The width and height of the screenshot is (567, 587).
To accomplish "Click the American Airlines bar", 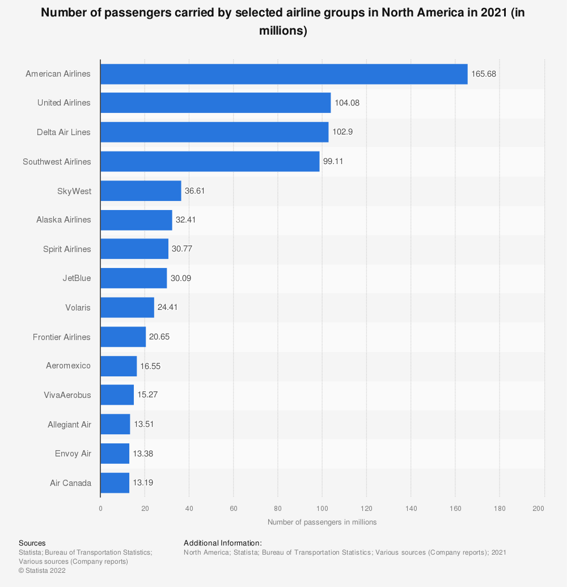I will (x=283, y=74).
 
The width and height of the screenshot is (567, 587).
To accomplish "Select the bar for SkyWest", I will (x=141, y=191).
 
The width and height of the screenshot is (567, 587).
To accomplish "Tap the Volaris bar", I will (x=127, y=308).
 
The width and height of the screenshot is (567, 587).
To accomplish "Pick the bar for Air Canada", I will (x=115, y=483).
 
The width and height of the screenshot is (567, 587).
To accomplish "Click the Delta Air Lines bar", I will (x=214, y=132).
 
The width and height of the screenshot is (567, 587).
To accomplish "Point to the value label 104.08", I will (x=347, y=103).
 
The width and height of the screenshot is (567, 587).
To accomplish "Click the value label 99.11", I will (x=333, y=161).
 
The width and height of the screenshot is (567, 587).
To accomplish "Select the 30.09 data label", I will (x=181, y=278).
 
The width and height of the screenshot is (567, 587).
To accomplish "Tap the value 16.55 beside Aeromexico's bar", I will (x=150, y=366).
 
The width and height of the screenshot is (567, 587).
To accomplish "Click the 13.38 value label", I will (x=143, y=454).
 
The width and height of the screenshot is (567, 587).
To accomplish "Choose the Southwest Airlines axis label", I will (x=57, y=162).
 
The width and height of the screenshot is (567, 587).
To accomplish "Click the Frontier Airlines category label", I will (x=62, y=337).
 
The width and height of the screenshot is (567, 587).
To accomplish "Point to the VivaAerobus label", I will (x=67, y=395).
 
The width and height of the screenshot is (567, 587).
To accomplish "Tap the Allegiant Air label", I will (x=69, y=425).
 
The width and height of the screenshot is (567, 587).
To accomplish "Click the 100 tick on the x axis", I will (x=322, y=508).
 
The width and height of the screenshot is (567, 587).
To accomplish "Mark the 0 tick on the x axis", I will (x=100, y=508).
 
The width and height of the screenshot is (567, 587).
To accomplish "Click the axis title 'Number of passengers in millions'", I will (x=322, y=522).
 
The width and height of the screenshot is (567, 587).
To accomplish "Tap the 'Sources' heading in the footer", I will (x=32, y=543).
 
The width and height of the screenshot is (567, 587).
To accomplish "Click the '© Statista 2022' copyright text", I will (x=42, y=571).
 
